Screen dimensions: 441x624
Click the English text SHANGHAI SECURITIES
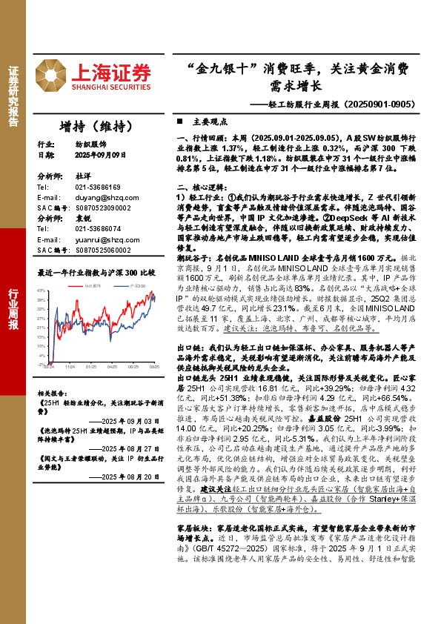pyautogui.click(x=111, y=87)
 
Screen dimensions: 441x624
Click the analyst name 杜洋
pyautogui.click(x=82, y=177)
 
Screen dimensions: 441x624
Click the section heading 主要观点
pyautogui.click(x=196, y=121)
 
